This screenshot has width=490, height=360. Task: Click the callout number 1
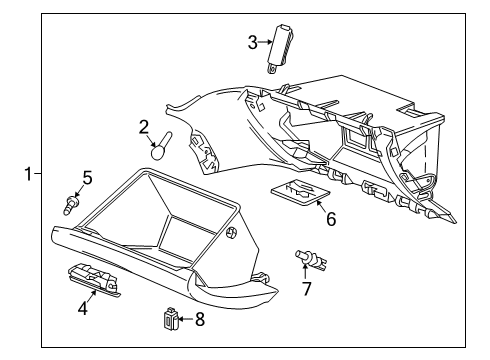coord(29,174)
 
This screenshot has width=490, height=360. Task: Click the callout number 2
coord(144,127)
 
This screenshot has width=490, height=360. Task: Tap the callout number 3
coord(253,42)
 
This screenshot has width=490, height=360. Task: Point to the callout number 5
coord(87,178)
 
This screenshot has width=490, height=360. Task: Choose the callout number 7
coord(307,289)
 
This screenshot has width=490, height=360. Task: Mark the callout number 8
coord(199,320)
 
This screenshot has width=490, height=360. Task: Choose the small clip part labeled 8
coord(171,320)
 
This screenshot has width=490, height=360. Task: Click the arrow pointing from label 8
coord(185,320)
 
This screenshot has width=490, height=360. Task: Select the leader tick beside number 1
coord(38,174)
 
